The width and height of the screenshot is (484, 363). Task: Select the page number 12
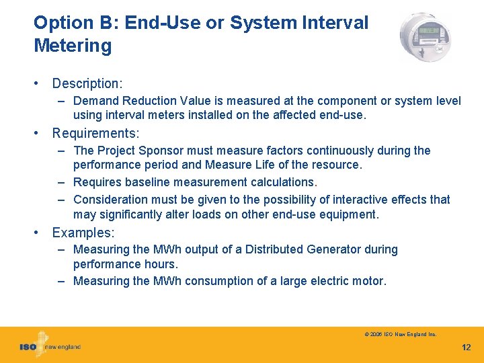point(467,348)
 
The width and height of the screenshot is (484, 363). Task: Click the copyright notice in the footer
point(400,334)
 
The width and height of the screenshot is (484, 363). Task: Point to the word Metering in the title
point(73,46)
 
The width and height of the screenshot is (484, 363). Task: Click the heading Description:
point(87,84)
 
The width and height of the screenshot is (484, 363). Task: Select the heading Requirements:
point(95,133)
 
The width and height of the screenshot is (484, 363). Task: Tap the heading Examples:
point(83,233)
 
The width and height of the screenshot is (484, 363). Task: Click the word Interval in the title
point(331,22)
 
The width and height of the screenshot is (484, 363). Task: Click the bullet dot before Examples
point(39,233)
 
